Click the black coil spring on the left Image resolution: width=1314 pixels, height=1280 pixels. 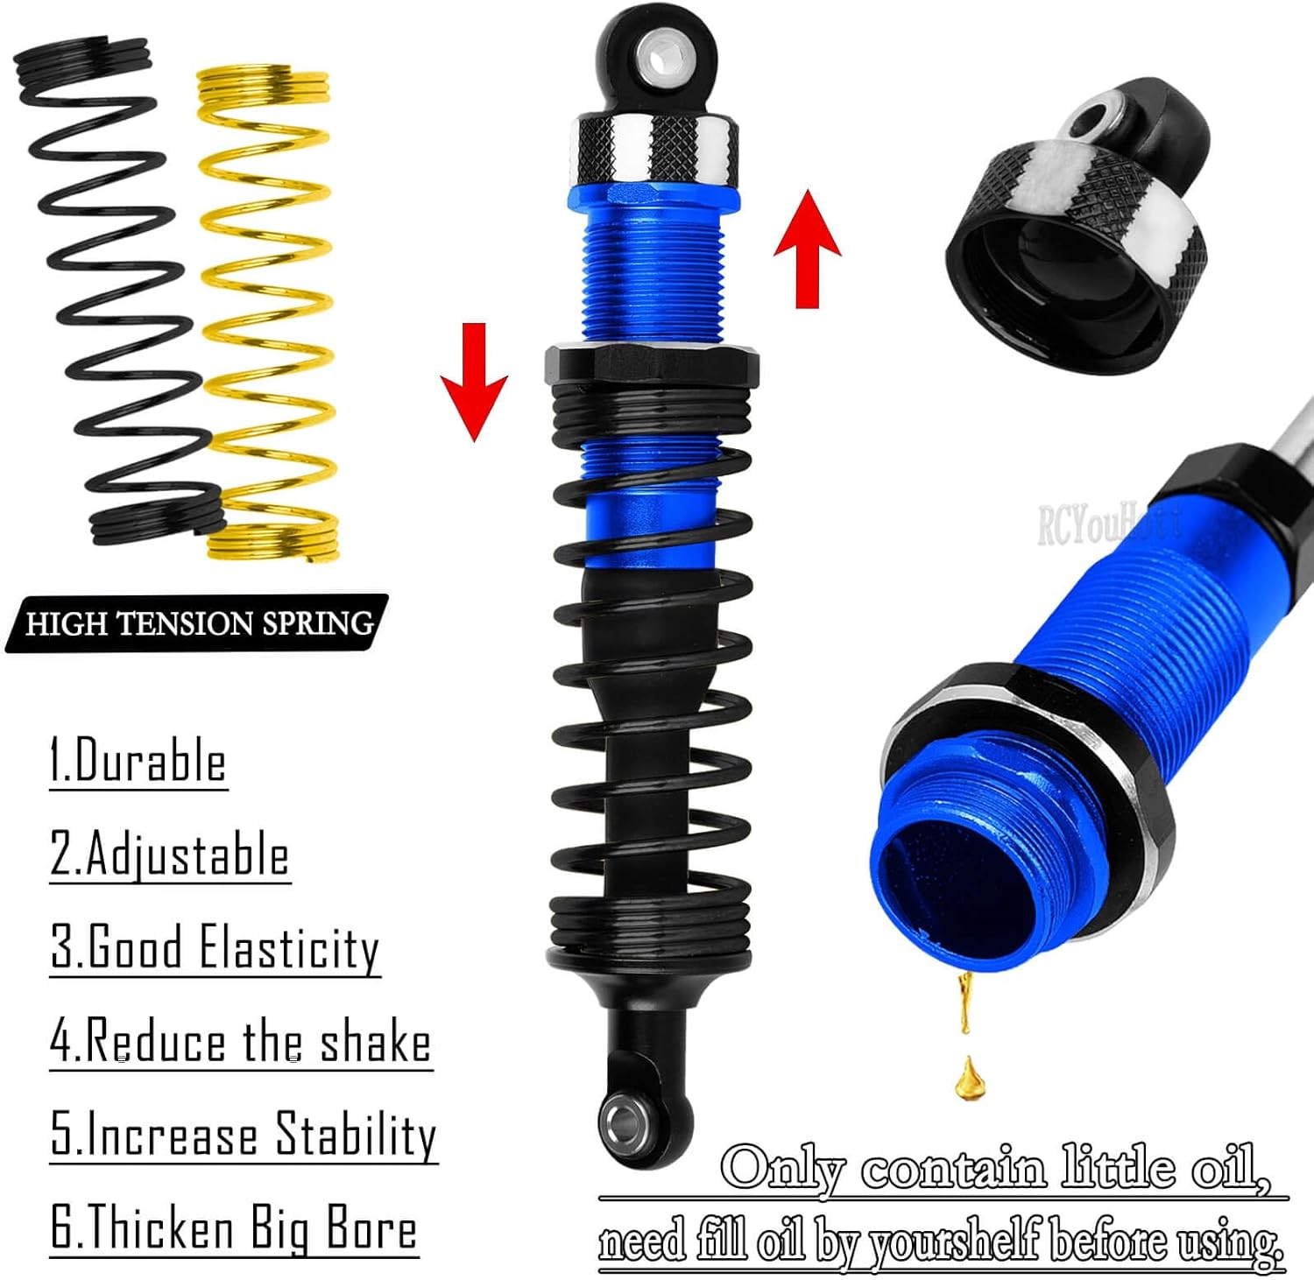pyautogui.click(x=114, y=289)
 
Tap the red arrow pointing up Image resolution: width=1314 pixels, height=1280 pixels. pyautogui.click(x=807, y=250)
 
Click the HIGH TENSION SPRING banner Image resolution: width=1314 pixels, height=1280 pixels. pyautogui.click(x=198, y=623)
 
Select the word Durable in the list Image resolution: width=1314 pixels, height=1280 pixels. pyautogui.click(x=151, y=761)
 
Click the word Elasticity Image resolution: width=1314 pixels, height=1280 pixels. pyautogui.click(x=289, y=948)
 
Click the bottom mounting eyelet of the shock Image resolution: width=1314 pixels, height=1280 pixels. pyautogui.click(x=625, y=1118)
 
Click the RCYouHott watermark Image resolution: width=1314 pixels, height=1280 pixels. pyautogui.click(x=1108, y=524)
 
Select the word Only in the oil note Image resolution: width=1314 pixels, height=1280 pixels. pyautogui.click(x=783, y=1169)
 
